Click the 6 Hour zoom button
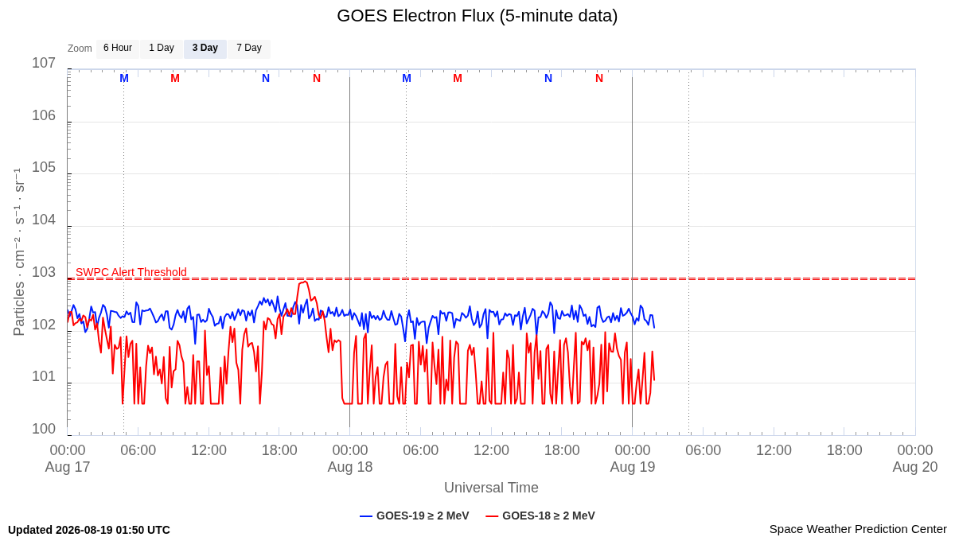coord(118,49)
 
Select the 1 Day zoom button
coord(161,49)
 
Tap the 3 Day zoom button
coord(205,49)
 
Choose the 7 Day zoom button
coord(249,49)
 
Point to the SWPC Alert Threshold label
coord(131,272)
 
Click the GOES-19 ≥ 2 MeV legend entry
coord(415,516)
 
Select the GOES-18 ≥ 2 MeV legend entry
coord(540,516)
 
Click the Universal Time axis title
coord(491,488)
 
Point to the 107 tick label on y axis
coord(44,63)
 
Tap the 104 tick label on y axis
coord(44,220)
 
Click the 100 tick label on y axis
coord(44,429)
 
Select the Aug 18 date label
coord(350,467)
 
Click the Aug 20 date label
coord(915,467)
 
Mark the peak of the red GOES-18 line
coord(304,282)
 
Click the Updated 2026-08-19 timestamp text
coord(89,530)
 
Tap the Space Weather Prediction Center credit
coord(858,529)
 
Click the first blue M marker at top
coord(124,79)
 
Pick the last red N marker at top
coord(599,79)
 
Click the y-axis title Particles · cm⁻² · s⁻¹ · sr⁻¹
coord(18,252)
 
